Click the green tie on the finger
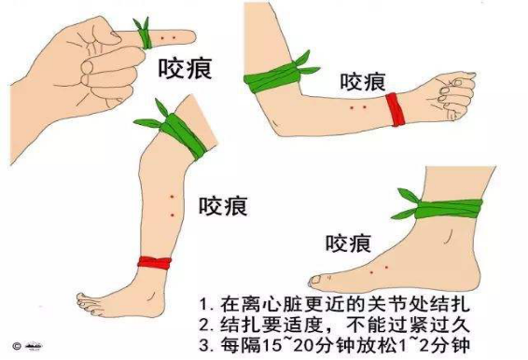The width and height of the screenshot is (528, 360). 144,34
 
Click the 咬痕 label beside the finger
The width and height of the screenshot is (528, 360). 175,70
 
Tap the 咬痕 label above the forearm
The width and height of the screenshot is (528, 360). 363,82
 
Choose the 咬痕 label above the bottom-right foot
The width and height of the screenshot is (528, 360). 348,243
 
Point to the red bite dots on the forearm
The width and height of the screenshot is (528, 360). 356,109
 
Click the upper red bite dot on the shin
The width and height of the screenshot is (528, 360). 173,196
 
